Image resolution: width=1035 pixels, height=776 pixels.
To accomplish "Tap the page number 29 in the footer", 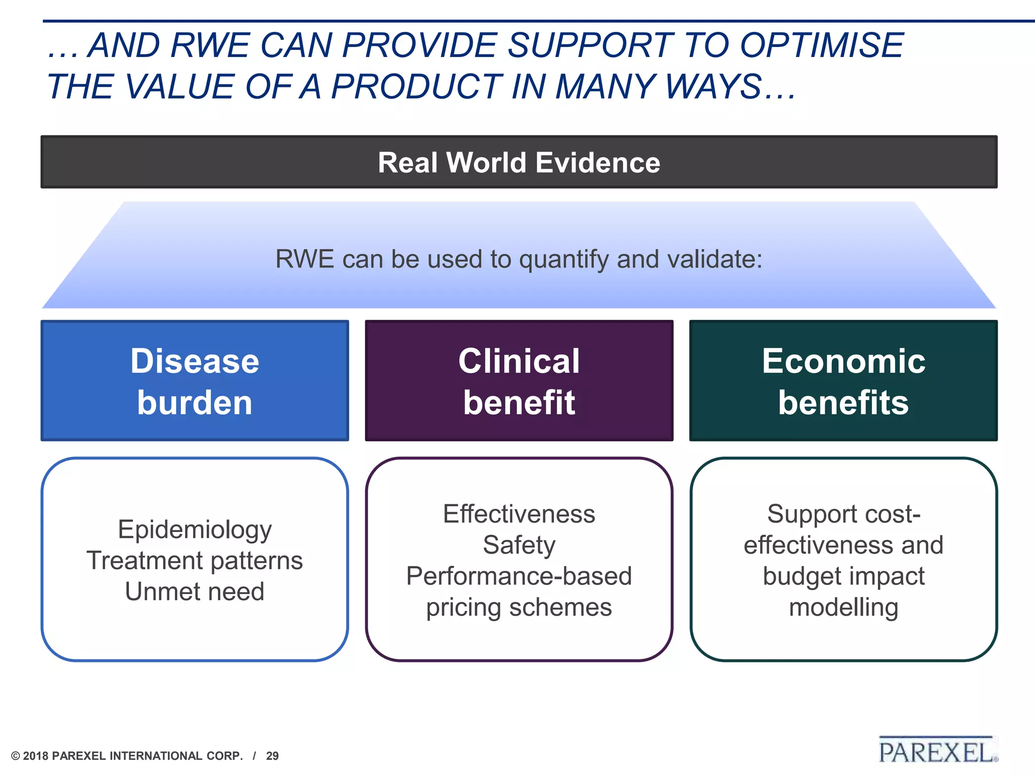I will point(272,756).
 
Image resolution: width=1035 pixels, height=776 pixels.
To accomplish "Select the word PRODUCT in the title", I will point(416,86).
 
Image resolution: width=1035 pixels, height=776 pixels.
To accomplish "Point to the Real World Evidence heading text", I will point(519,163).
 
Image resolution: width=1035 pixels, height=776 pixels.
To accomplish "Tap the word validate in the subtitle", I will point(714,259).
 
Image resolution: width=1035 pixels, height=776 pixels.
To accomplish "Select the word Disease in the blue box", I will point(195,361).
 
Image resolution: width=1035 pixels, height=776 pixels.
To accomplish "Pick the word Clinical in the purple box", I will point(519,361).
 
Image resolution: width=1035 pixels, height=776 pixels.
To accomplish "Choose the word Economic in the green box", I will point(843,361).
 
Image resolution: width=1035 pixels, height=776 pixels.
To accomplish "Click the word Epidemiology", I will point(195,530).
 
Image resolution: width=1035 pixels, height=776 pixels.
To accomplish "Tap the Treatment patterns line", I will point(195,561).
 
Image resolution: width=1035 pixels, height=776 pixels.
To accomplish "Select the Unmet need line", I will point(195,592).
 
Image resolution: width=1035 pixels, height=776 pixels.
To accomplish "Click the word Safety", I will point(519,545).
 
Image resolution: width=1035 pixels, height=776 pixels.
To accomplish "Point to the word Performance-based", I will point(519,576).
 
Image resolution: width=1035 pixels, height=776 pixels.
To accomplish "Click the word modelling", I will point(843,607).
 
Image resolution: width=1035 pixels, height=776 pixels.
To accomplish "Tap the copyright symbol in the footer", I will point(16,756).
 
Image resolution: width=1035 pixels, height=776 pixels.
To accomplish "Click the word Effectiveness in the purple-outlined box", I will point(519,514).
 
